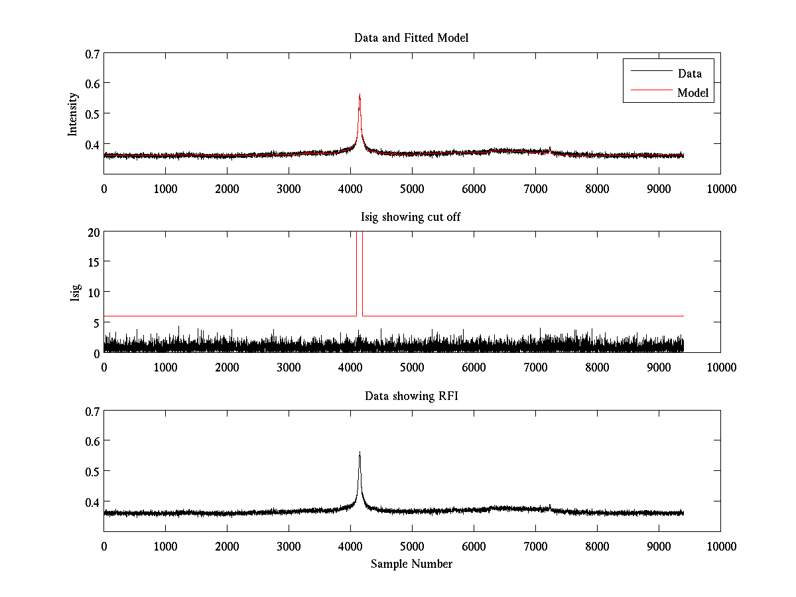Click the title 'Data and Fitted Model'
click(x=411, y=38)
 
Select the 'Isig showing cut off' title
click(x=411, y=217)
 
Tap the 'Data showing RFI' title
click(x=411, y=396)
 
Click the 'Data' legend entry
click(x=689, y=74)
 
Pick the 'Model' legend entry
click(x=693, y=93)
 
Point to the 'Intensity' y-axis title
click(x=74, y=114)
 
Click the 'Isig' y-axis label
click(x=76, y=293)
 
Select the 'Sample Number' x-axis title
click(x=411, y=564)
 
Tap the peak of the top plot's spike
click(x=360, y=94)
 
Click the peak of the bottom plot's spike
click(x=360, y=452)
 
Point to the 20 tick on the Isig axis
click(x=93, y=232)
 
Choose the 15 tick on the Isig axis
click(x=93, y=262)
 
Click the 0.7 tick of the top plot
click(x=92, y=53)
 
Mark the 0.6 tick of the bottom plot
click(x=92, y=441)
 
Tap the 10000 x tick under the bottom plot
click(x=721, y=546)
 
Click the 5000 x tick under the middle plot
click(x=412, y=367)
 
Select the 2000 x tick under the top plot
click(x=227, y=188)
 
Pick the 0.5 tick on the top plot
click(x=92, y=113)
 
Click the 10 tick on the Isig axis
click(x=93, y=293)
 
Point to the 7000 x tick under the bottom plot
click(x=535, y=546)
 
